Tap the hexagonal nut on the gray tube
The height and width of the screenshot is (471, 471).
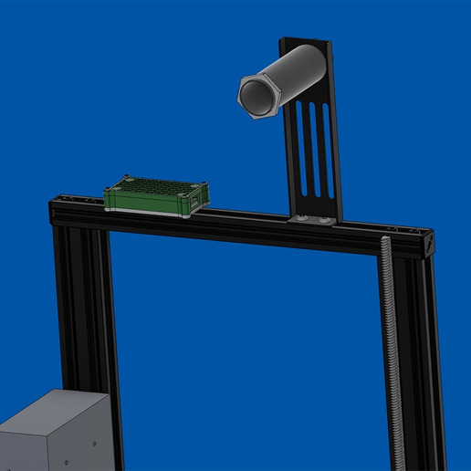[x=258, y=95]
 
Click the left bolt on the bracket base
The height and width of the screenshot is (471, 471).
[x=301, y=219]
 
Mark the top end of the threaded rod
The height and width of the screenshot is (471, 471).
[x=387, y=241]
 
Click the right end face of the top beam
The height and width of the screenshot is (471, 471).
[x=426, y=246]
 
